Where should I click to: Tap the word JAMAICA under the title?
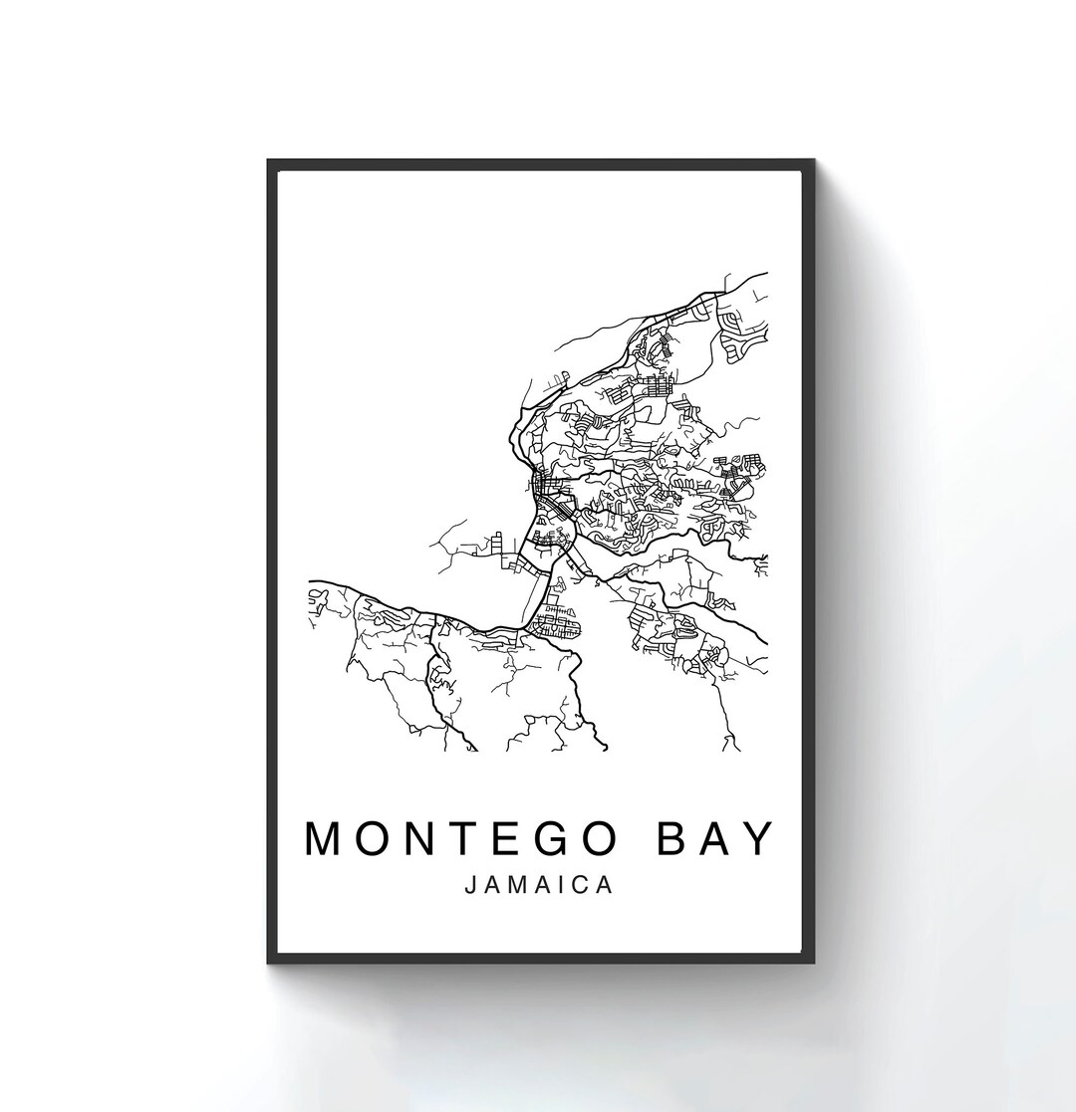(x=539, y=885)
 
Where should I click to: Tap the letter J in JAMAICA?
(x=470, y=885)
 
